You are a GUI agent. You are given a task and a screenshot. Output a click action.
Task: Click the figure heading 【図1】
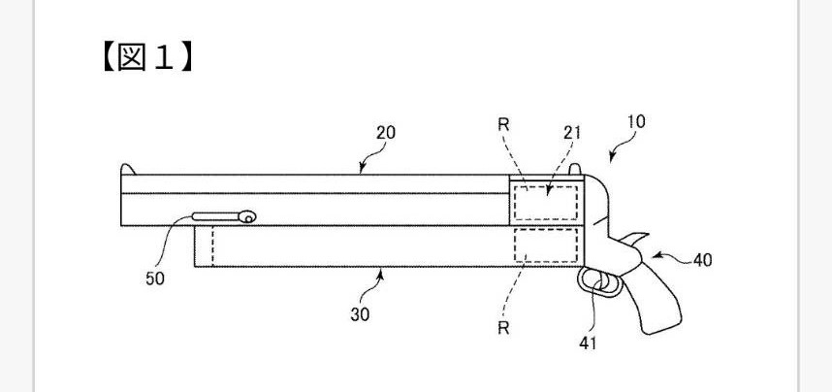point(144,57)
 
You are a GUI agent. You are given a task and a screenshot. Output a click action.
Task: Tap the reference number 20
point(385,133)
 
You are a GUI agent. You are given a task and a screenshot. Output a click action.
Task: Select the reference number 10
point(636,122)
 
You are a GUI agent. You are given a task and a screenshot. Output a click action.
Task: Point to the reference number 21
point(571,133)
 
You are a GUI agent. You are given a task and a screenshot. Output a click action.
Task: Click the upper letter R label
point(504,125)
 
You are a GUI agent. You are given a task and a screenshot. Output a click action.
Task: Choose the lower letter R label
point(504,328)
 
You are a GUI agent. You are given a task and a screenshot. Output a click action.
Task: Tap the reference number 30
point(360,314)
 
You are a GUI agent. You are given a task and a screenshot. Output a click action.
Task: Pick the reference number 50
point(154,278)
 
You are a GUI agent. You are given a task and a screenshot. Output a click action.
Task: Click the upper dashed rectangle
point(545,202)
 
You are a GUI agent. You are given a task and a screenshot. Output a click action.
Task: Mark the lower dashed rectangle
point(545,245)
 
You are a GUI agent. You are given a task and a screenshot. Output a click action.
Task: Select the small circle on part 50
point(249,218)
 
